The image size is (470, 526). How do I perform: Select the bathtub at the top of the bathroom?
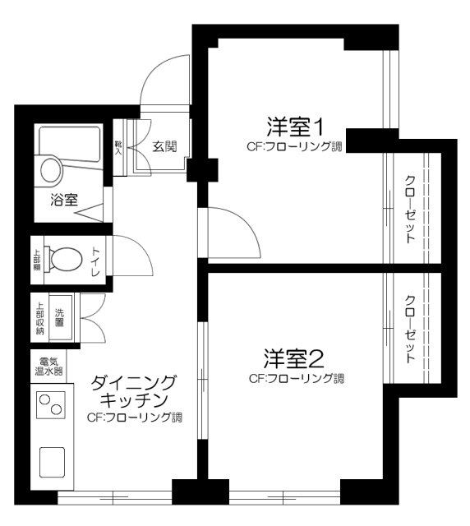point(70,141)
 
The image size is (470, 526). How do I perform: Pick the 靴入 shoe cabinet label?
point(118,147)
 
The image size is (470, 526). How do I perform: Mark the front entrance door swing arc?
point(167,78)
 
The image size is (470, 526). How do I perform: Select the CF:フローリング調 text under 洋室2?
point(296,380)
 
